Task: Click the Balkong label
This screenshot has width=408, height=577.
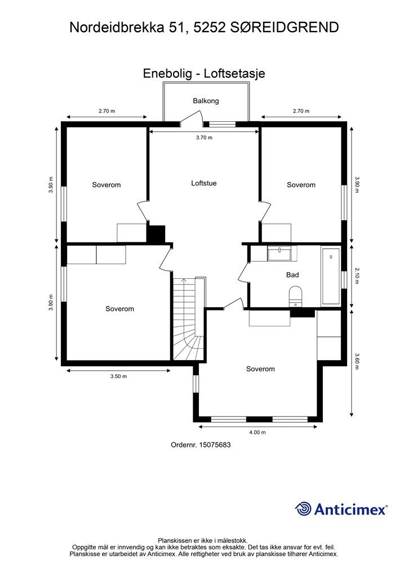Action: (206, 101)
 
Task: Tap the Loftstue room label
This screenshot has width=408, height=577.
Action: (204, 183)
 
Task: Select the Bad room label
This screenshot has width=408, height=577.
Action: (292, 275)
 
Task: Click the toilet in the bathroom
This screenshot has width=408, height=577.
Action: (295, 295)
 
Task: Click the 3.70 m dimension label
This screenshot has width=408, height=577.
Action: (204, 138)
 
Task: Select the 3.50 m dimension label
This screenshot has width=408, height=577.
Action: (118, 376)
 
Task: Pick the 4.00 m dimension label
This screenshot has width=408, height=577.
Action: (257, 433)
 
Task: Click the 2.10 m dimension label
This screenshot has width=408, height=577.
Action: (357, 277)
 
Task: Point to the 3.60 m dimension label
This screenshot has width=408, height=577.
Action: (357, 361)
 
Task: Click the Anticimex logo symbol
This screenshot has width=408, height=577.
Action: (303, 509)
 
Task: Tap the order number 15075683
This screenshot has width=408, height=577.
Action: (201, 445)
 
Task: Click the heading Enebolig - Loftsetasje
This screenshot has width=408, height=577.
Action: (204, 74)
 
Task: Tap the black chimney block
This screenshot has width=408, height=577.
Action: (156, 233)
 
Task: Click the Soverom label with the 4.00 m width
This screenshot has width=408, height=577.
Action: (260, 369)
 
